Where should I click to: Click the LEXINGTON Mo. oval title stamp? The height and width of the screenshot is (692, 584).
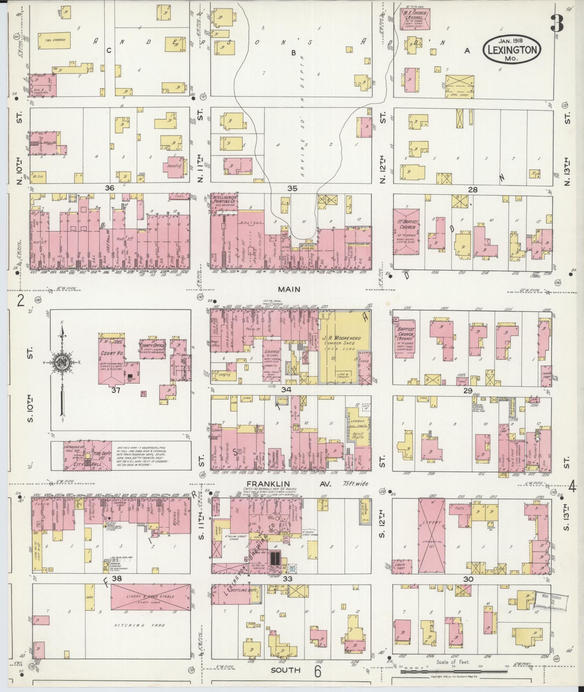click(x=512, y=50)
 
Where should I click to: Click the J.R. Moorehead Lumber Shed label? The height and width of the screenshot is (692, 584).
click(x=342, y=340)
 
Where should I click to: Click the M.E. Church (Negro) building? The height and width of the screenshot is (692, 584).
click(x=415, y=19)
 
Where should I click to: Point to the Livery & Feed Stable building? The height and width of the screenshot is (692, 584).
click(x=150, y=597)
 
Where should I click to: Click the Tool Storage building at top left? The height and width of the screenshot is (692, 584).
click(x=54, y=41)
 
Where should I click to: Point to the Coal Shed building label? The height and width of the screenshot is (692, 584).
click(x=460, y=95)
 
